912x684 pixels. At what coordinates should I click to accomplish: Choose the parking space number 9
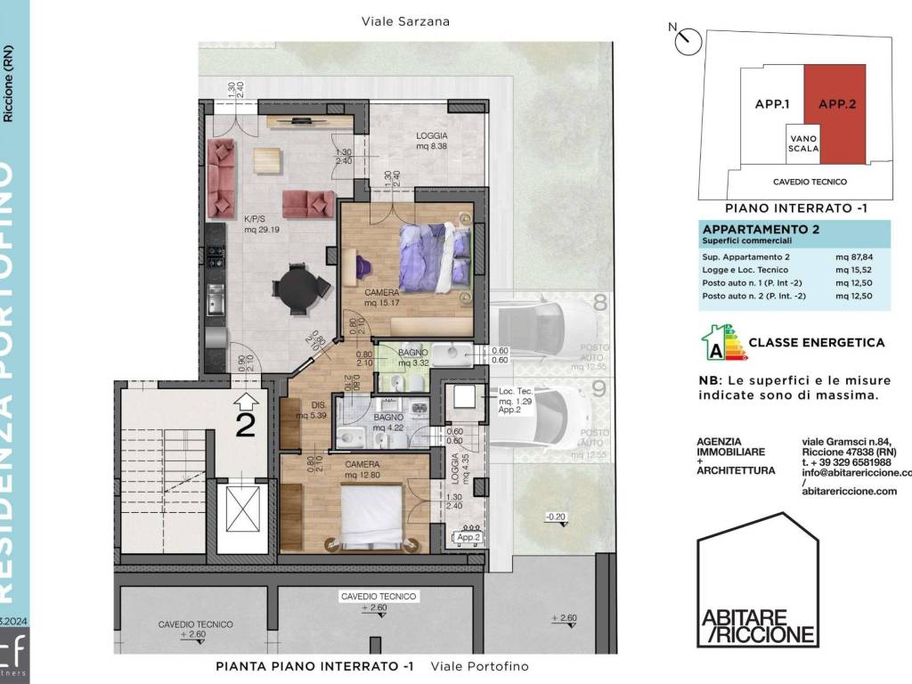(x=599, y=388)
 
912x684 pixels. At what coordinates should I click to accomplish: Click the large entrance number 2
(x=245, y=424)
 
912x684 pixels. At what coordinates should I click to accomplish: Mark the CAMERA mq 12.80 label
(x=362, y=470)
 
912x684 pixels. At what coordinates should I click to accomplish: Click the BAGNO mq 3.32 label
(x=414, y=358)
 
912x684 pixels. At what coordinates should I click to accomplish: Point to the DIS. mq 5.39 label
(x=315, y=410)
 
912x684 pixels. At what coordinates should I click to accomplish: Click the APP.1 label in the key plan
(x=773, y=104)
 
